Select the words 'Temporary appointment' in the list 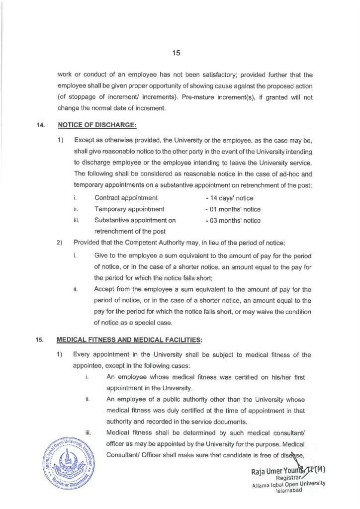pos(129,209)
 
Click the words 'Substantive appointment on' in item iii pos(135,220)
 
